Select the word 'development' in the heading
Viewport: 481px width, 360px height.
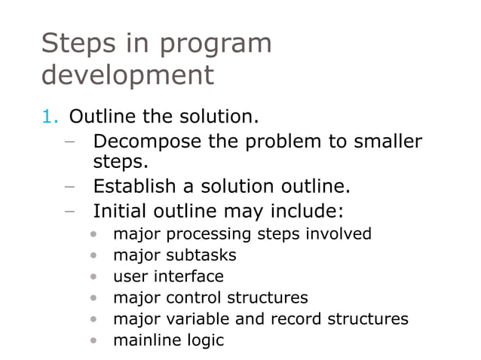tap(127, 75)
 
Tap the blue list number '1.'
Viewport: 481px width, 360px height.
tap(50, 117)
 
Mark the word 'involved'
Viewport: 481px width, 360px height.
tap(338, 233)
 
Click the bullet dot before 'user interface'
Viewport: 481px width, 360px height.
tap(93, 277)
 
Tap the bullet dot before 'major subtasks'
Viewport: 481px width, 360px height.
tap(93, 256)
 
